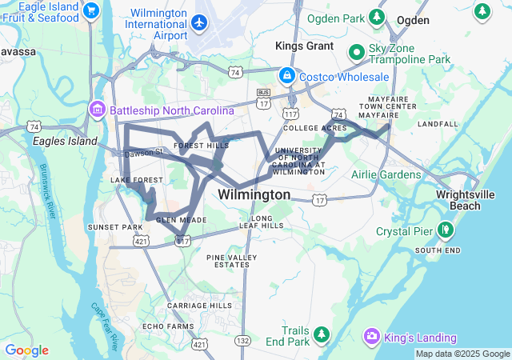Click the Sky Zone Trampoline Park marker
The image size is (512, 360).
tap(357, 53)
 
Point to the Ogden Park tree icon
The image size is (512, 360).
tap(376, 16)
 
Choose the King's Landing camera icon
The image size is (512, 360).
tap(371, 335)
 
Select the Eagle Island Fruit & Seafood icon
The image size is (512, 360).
tap(91, 11)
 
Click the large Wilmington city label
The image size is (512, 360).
tap(254, 194)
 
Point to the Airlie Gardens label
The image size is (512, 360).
tap(386, 174)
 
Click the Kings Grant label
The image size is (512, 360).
tap(304, 46)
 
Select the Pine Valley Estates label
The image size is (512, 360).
tap(233, 261)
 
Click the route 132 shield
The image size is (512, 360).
tap(242, 341)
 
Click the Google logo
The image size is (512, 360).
tap(26, 350)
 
